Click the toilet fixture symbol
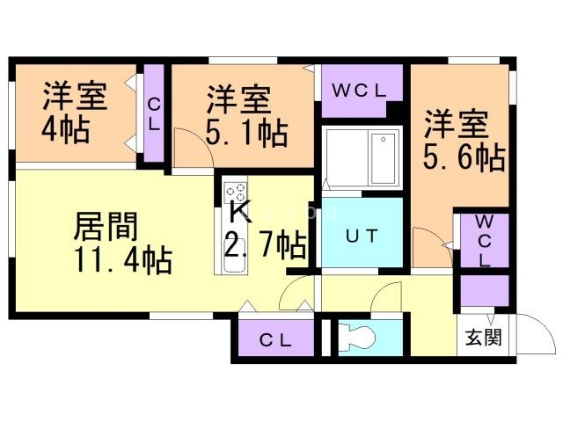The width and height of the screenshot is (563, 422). click(x=357, y=337)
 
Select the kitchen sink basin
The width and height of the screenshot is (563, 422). click(x=235, y=262)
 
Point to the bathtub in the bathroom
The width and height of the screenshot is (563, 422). click(x=384, y=158)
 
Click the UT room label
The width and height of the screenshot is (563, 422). click(x=362, y=236)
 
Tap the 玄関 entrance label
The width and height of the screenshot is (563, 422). click(x=483, y=337)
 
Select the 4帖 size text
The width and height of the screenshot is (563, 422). click(x=66, y=130)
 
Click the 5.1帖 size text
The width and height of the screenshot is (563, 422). click(x=246, y=133)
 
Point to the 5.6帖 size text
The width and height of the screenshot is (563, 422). click(x=464, y=156)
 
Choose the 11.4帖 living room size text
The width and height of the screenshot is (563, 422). click(x=123, y=261)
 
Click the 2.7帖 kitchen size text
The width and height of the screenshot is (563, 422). click(x=266, y=244)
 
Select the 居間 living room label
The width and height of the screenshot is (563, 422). click(x=106, y=226)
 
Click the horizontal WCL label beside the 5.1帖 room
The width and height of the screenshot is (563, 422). click(x=358, y=91)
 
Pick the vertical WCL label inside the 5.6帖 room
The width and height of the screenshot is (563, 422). click(x=485, y=241)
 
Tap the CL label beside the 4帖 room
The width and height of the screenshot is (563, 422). click(x=154, y=115)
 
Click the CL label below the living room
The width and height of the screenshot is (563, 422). click(x=275, y=340)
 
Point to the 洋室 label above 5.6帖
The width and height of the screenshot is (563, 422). click(x=456, y=124)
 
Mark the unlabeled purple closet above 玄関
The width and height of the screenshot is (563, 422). click(x=485, y=291)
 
